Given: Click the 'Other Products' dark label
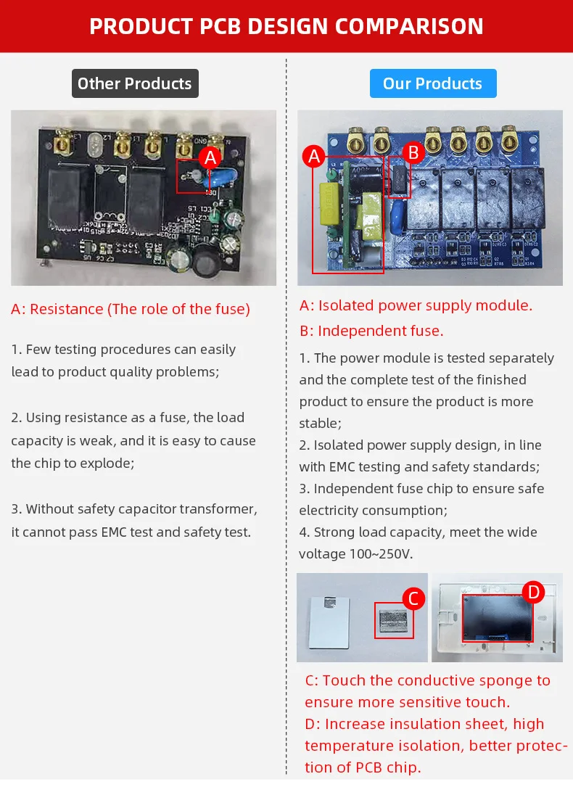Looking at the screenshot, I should point(135,83).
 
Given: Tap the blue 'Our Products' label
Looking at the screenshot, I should point(432,83).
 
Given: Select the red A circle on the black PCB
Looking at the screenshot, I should point(210,157).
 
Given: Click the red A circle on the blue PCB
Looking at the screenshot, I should point(314,156).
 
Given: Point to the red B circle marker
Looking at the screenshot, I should point(413,152).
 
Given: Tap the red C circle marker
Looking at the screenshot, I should point(413,598).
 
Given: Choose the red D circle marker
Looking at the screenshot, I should point(534,593).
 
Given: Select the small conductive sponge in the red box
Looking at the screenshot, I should point(393,621).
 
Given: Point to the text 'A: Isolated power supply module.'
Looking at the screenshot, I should point(416,305).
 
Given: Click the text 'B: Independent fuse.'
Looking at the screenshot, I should point(371,331).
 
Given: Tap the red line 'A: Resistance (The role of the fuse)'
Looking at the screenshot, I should point(131,309).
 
